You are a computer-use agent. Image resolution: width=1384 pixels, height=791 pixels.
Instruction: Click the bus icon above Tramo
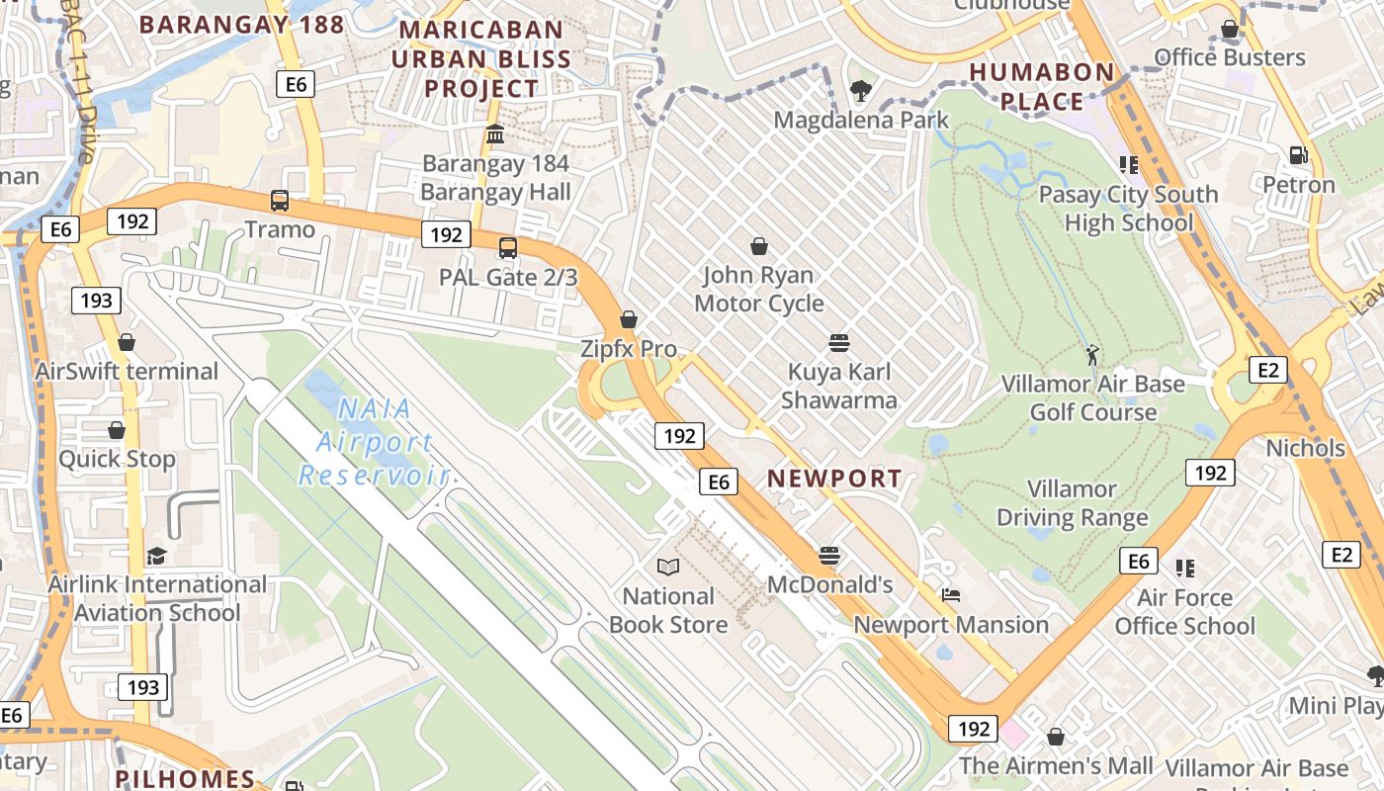tap(280, 201)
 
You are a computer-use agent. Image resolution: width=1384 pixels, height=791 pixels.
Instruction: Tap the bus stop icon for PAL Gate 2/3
tap(508, 248)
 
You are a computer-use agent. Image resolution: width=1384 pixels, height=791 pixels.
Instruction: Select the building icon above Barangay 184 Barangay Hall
tap(495, 133)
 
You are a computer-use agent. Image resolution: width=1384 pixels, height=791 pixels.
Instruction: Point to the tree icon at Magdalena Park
tap(860, 91)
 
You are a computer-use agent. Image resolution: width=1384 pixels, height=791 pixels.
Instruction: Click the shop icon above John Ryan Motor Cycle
tap(759, 246)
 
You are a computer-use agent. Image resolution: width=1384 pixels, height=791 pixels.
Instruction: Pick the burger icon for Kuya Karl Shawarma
tap(839, 343)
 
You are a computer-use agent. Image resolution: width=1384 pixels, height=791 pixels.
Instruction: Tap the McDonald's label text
tap(830, 584)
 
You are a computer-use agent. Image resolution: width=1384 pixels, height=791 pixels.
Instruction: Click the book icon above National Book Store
tap(668, 567)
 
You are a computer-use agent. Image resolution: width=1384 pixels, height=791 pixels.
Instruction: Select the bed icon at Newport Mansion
tap(950, 595)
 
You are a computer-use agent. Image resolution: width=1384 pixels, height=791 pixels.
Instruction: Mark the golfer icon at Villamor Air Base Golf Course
tap(1092, 354)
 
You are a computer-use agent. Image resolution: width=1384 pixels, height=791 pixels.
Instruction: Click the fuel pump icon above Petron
tap(1298, 155)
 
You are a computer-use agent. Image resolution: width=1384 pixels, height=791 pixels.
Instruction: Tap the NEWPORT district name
tap(835, 479)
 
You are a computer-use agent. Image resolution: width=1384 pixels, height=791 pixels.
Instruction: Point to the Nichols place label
tap(1306, 448)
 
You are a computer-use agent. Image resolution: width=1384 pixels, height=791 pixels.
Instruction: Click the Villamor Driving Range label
tap(1072, 503)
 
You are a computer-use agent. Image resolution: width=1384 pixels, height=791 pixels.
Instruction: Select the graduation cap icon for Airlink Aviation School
tap(156, 556)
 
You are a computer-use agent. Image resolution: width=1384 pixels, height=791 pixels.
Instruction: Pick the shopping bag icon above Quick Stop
tap(117, 430)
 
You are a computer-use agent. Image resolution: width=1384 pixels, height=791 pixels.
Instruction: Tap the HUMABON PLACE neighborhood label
tap(1042, 87)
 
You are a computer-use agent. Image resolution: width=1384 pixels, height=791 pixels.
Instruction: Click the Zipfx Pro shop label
tap(629, 349)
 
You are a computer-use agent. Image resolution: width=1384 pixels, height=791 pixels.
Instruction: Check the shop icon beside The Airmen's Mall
tap(1056, 737)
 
